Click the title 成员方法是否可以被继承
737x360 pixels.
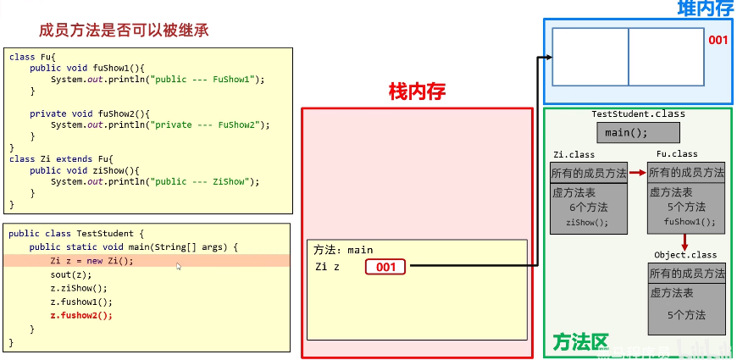124,30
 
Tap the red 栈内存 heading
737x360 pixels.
417,91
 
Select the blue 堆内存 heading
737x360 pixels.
705,8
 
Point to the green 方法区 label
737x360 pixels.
580,343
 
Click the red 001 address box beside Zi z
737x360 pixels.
385,267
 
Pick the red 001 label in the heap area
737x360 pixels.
718,40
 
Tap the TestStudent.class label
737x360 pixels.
638,114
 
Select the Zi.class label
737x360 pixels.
574,154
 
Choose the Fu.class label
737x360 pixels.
677,154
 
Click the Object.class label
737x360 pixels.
685,254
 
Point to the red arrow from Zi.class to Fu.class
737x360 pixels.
637,172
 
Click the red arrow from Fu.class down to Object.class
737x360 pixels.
684,241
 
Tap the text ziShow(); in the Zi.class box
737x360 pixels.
587,223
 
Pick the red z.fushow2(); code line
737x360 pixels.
80,315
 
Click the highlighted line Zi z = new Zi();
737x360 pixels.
91,261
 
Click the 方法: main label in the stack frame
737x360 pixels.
343,250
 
